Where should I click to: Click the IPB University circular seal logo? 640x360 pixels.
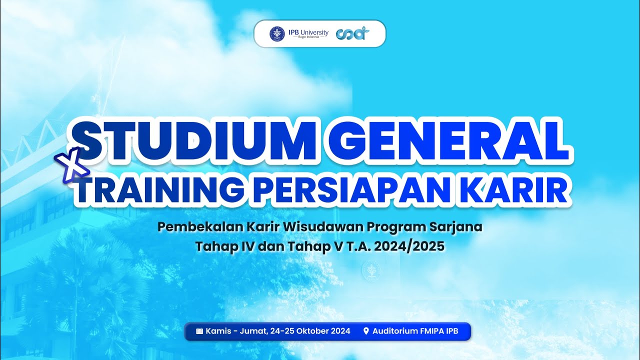tap(277, 33)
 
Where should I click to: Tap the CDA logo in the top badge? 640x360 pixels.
tap(353, 33)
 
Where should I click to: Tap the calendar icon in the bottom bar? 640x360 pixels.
tap(199, 331)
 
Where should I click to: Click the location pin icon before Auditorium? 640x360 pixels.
tap(366, 331)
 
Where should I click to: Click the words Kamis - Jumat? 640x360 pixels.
tap(230, 331)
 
